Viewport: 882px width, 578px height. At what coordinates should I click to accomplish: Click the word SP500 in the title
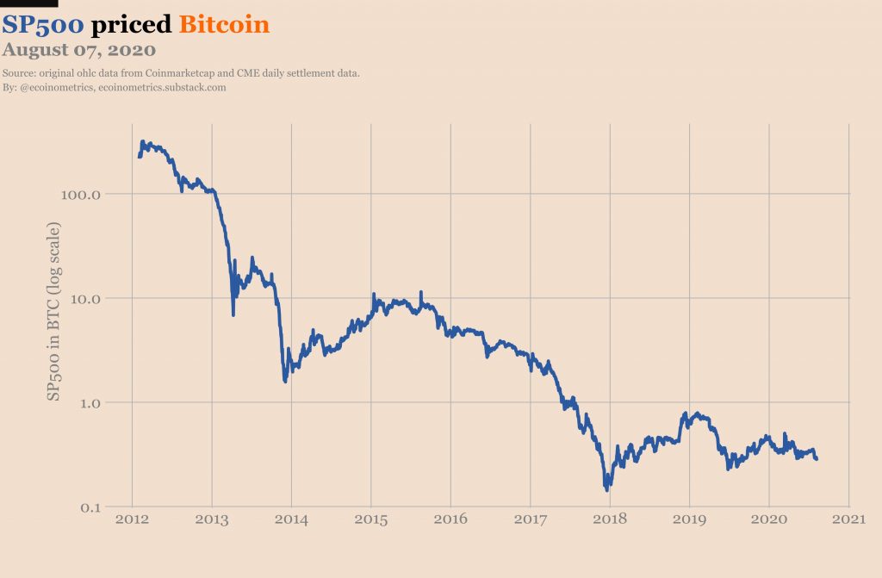tap(43, 24)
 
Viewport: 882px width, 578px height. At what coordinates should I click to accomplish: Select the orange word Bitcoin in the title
tap(224, 24)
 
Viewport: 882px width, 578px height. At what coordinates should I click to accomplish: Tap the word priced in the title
tap(132, 25)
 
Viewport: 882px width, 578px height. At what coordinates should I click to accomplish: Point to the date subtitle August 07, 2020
tap(78, 49)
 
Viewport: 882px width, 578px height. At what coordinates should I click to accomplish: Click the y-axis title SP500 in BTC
tap(53, 311)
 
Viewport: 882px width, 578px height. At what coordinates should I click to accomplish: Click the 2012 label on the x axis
tap(132, 519)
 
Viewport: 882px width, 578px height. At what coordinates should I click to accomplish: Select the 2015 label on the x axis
tap(370, 519)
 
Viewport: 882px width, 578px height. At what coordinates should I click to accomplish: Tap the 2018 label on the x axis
tap(610, 519)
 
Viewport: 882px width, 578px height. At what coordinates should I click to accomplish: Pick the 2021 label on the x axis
tap(848, 519)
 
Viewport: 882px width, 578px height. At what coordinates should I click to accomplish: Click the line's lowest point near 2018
tap(606, 489)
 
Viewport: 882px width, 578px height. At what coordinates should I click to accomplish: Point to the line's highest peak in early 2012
tap(141, 141)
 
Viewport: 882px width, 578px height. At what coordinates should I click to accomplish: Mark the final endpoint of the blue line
tap(817, 458)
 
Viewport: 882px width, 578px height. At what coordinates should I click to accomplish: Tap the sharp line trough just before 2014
tap(285, 381)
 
